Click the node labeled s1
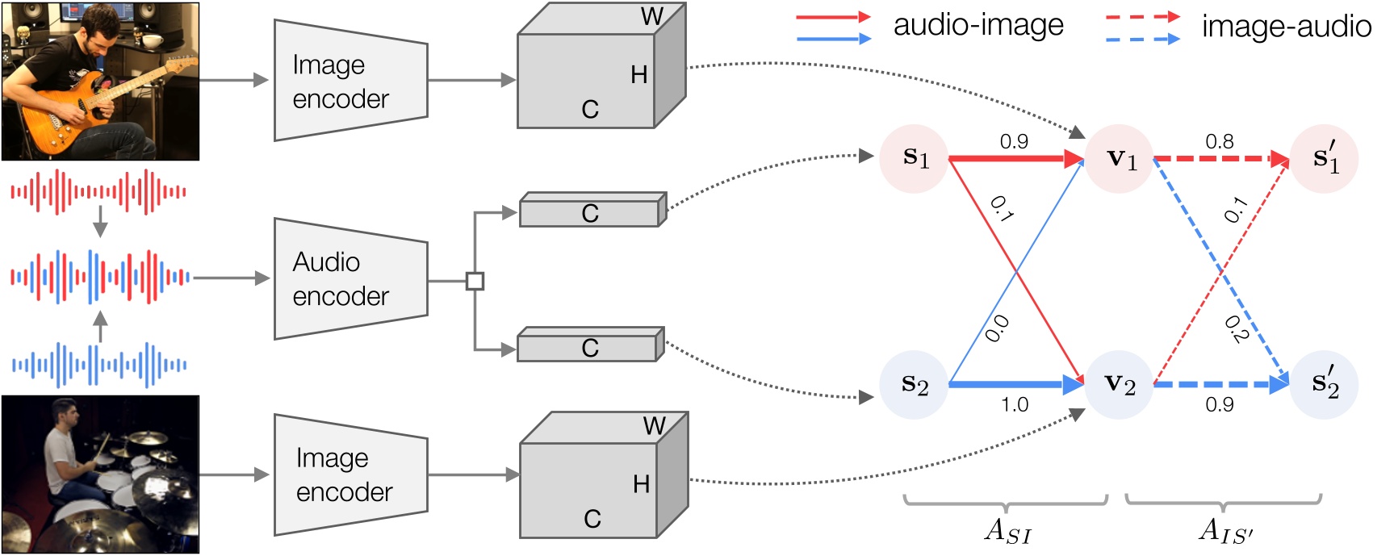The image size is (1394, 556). [914, 158]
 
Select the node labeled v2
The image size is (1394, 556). [1119, 385]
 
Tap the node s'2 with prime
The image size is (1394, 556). [1325, 384]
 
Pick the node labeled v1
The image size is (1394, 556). [1120, 159]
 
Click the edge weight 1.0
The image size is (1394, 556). [1015, 404]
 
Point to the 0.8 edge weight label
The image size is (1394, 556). [1219, 142]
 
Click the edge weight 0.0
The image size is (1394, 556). [997, 328]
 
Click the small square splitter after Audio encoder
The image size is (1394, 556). [475, 281]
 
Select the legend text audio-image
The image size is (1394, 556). [978, 26]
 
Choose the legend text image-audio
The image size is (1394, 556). [1286, 27]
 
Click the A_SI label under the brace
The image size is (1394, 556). [1007, 531]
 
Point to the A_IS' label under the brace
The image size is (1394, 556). [1224, 531]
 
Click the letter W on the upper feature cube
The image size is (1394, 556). [651, 16]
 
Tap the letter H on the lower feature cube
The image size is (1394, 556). [641, 484]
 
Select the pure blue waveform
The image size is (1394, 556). [99, 366]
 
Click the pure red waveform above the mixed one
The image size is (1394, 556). [99, 192]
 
